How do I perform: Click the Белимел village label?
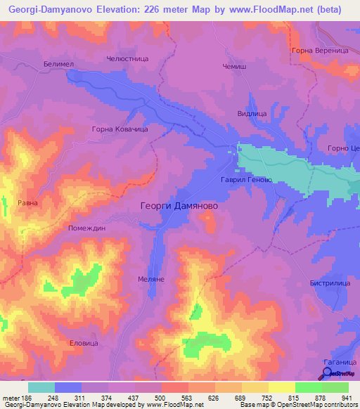click(58, 63)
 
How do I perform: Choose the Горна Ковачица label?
click(119, 129)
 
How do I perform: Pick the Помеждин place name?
click(86, 228)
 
